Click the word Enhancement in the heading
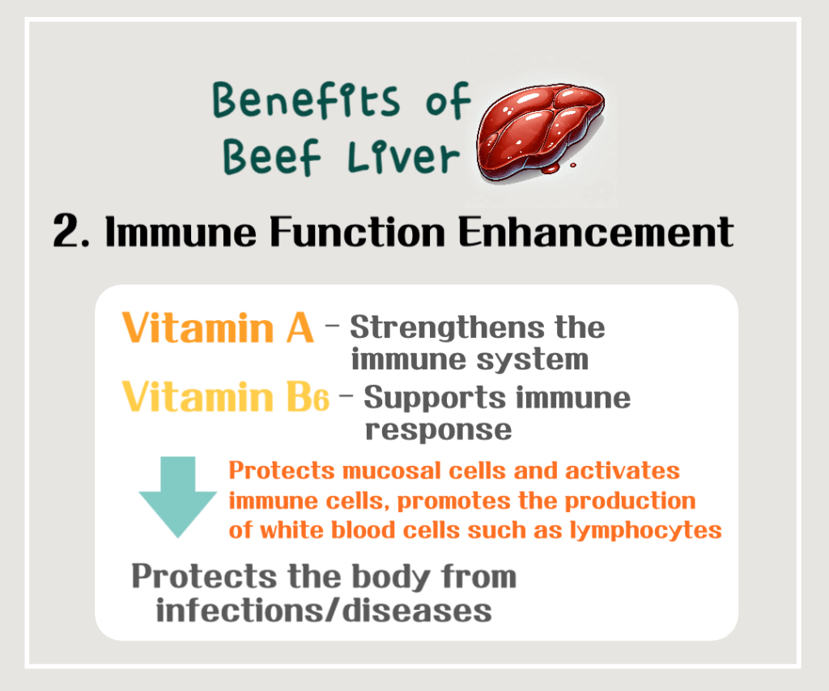point(595,232)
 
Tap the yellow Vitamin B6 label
point(226,398)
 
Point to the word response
point(438,429)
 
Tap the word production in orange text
point(639,501)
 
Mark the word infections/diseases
point(324,609)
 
